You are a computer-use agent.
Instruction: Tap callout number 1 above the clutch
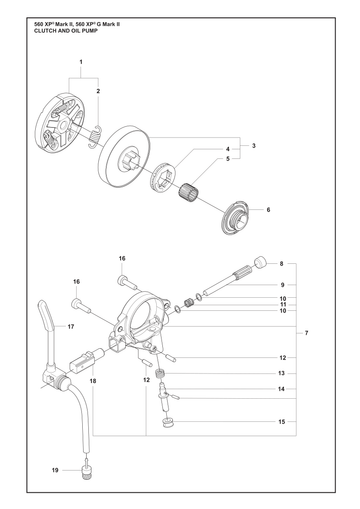81,62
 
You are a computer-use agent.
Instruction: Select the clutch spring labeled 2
94,137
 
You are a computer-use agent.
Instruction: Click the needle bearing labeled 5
188,191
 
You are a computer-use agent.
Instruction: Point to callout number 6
268,210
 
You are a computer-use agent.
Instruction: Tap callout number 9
282,285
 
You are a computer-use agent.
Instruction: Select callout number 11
283,304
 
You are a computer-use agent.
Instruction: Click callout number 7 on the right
306,333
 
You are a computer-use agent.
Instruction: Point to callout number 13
281,373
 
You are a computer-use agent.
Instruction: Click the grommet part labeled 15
167,423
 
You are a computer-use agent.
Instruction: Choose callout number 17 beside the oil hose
71,327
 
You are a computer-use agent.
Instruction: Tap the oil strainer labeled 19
86,474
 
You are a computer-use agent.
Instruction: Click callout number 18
93,380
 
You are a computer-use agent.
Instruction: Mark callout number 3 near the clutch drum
254,146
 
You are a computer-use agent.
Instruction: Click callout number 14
281,389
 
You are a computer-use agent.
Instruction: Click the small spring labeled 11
190,303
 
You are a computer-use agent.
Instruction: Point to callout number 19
55,470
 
